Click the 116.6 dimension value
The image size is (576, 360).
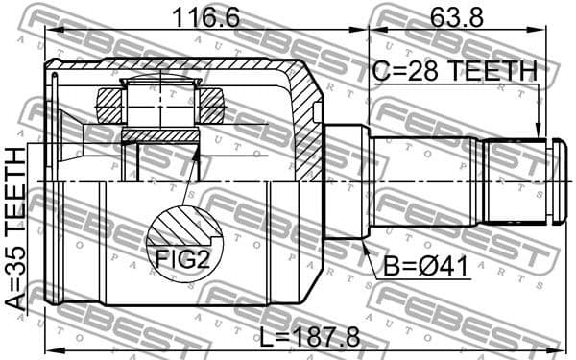click(206, 17)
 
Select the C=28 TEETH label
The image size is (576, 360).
click(454, 71)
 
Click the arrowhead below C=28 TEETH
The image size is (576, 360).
click(540, 133)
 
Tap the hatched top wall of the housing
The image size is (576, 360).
click(192, 69)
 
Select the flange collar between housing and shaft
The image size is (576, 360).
click(346, 182)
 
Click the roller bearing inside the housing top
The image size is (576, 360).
click(160, 100)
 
